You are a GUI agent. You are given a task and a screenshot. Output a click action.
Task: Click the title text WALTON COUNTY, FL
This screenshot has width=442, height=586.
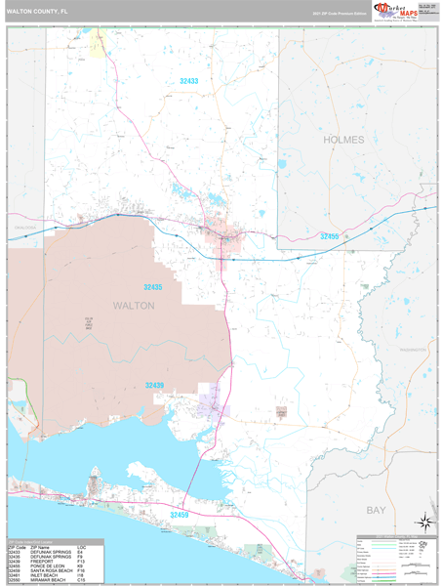[38, 11]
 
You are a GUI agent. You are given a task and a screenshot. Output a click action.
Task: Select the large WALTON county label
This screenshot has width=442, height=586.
[135, 306]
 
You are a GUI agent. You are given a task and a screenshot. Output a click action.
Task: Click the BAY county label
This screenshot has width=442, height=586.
[376, 510]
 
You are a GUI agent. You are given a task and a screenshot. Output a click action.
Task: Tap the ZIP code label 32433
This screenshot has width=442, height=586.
[188, 81]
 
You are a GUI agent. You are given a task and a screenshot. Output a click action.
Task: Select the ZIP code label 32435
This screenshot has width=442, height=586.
[153, 288]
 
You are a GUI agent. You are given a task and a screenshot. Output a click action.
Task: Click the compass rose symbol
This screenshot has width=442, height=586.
[424, 522]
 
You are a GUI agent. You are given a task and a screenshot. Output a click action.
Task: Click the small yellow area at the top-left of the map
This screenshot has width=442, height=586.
[98, 42]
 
